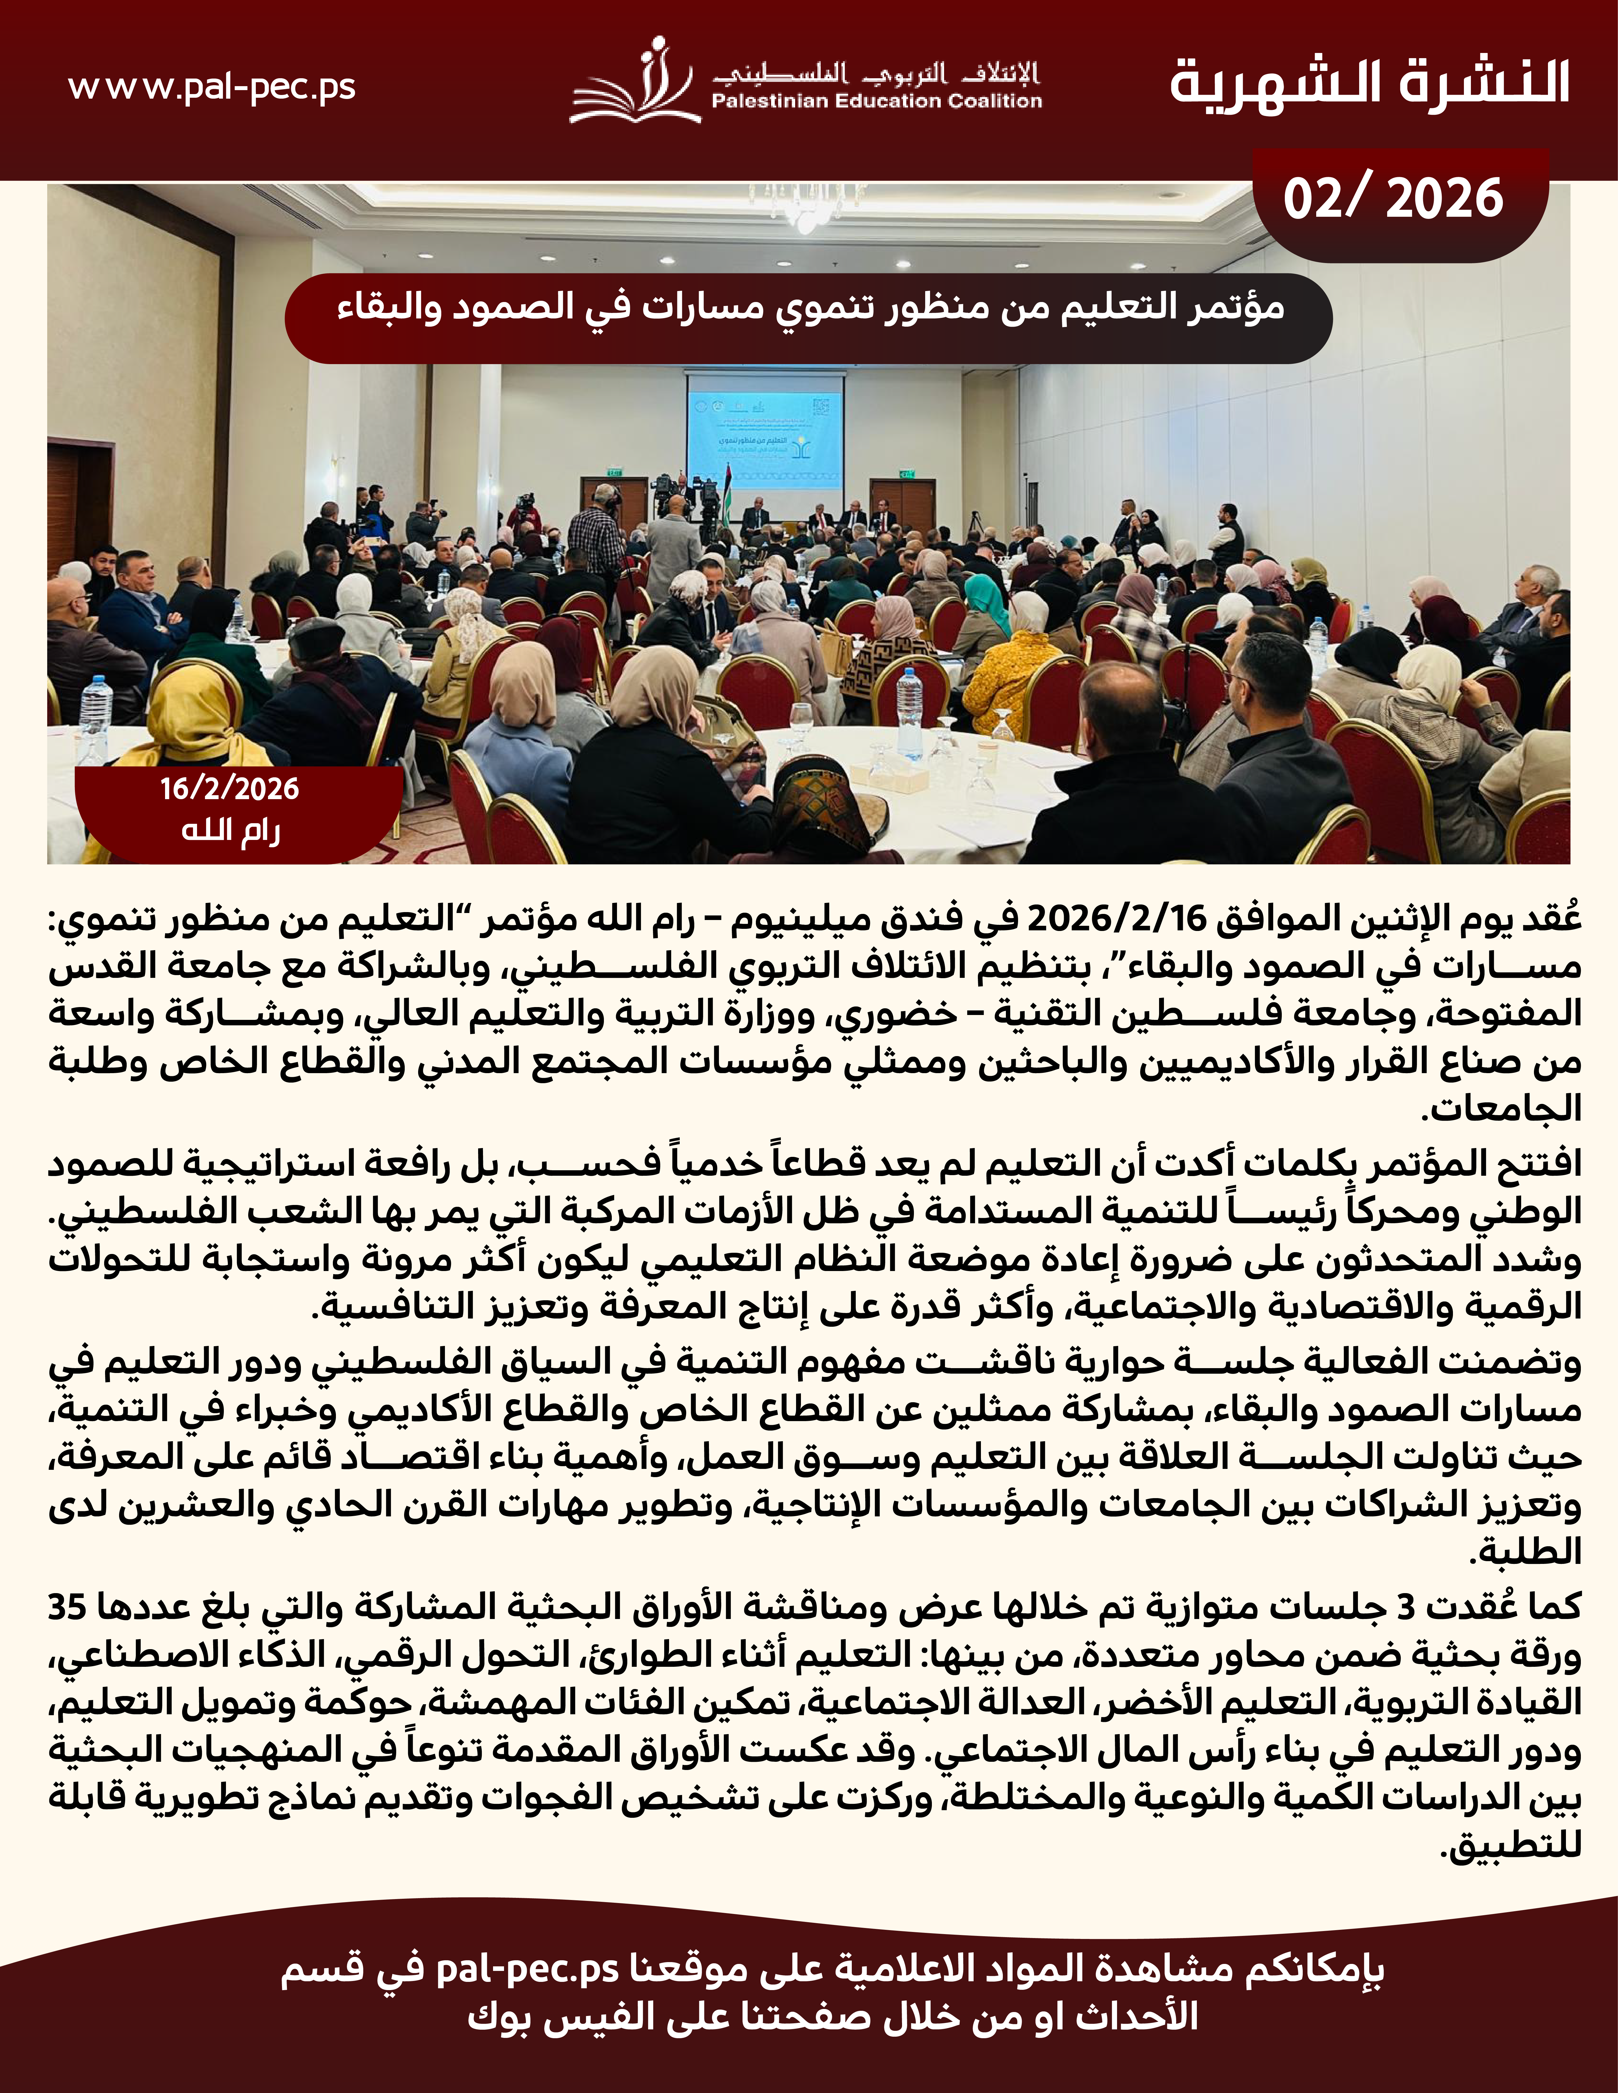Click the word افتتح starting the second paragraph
(x=1529, y=1164)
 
